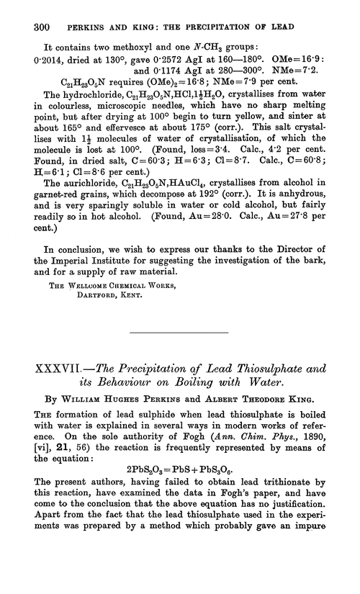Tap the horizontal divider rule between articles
click(x=179, y=333)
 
